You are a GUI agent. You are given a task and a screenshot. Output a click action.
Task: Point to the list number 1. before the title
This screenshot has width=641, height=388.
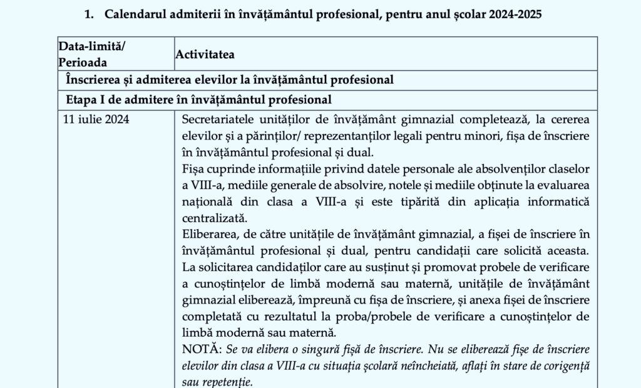pyautogui.click(x=89, y=14)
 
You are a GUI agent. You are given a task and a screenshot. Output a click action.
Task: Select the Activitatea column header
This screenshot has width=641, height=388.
pyautogui.click(x=205, y=54)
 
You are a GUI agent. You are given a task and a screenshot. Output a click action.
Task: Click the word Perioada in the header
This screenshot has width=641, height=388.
pyautogui.click(x=83, y=63)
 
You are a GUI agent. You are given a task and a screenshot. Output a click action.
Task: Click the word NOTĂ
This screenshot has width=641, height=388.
pyautogui.click(x=197, y=349)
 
